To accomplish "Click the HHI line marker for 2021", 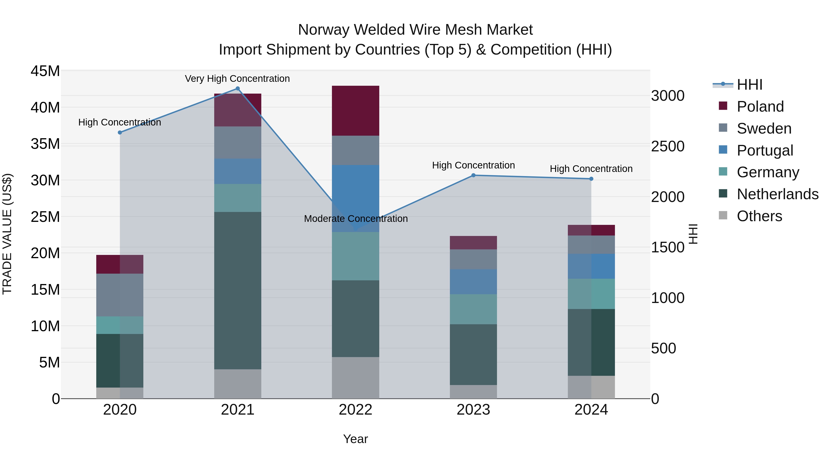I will [238, 89].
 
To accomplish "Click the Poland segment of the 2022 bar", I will [355, 110].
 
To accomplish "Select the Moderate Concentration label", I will [355, 219].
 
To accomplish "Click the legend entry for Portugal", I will [765, 150].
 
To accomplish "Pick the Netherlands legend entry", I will [777, 194].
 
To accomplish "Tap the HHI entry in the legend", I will [749, 85].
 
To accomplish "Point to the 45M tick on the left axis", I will [45, 71].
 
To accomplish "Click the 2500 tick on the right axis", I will [667, 146].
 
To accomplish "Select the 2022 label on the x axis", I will [355, 410].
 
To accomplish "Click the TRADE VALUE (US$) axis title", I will [7, 234].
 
